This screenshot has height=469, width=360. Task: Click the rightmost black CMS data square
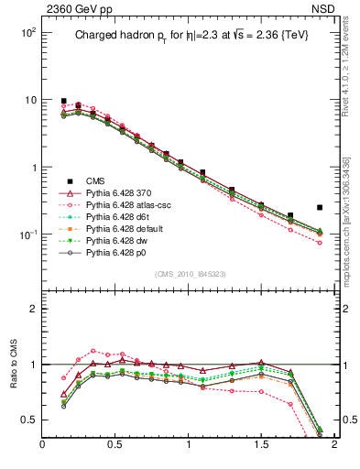pos(320,208)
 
